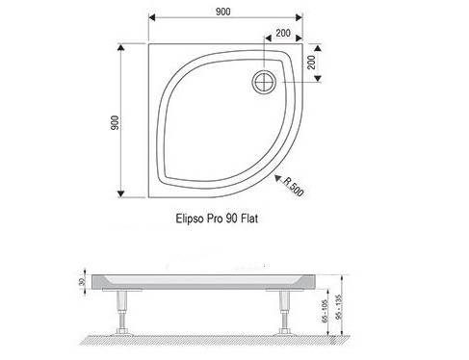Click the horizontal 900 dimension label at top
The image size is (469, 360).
tap(222, 12)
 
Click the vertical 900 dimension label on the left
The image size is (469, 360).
tap(115, 123)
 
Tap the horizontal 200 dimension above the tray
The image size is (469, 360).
tap(283, 33)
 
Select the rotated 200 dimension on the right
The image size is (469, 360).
tap(311, 63)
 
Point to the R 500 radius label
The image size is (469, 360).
tap(293, 187)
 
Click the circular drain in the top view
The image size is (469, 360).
tap(264, 82)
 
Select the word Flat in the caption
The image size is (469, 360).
tap(249, 219)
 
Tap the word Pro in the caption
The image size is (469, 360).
tap(215, 219)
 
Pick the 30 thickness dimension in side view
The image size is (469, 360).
tap(82, 282)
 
